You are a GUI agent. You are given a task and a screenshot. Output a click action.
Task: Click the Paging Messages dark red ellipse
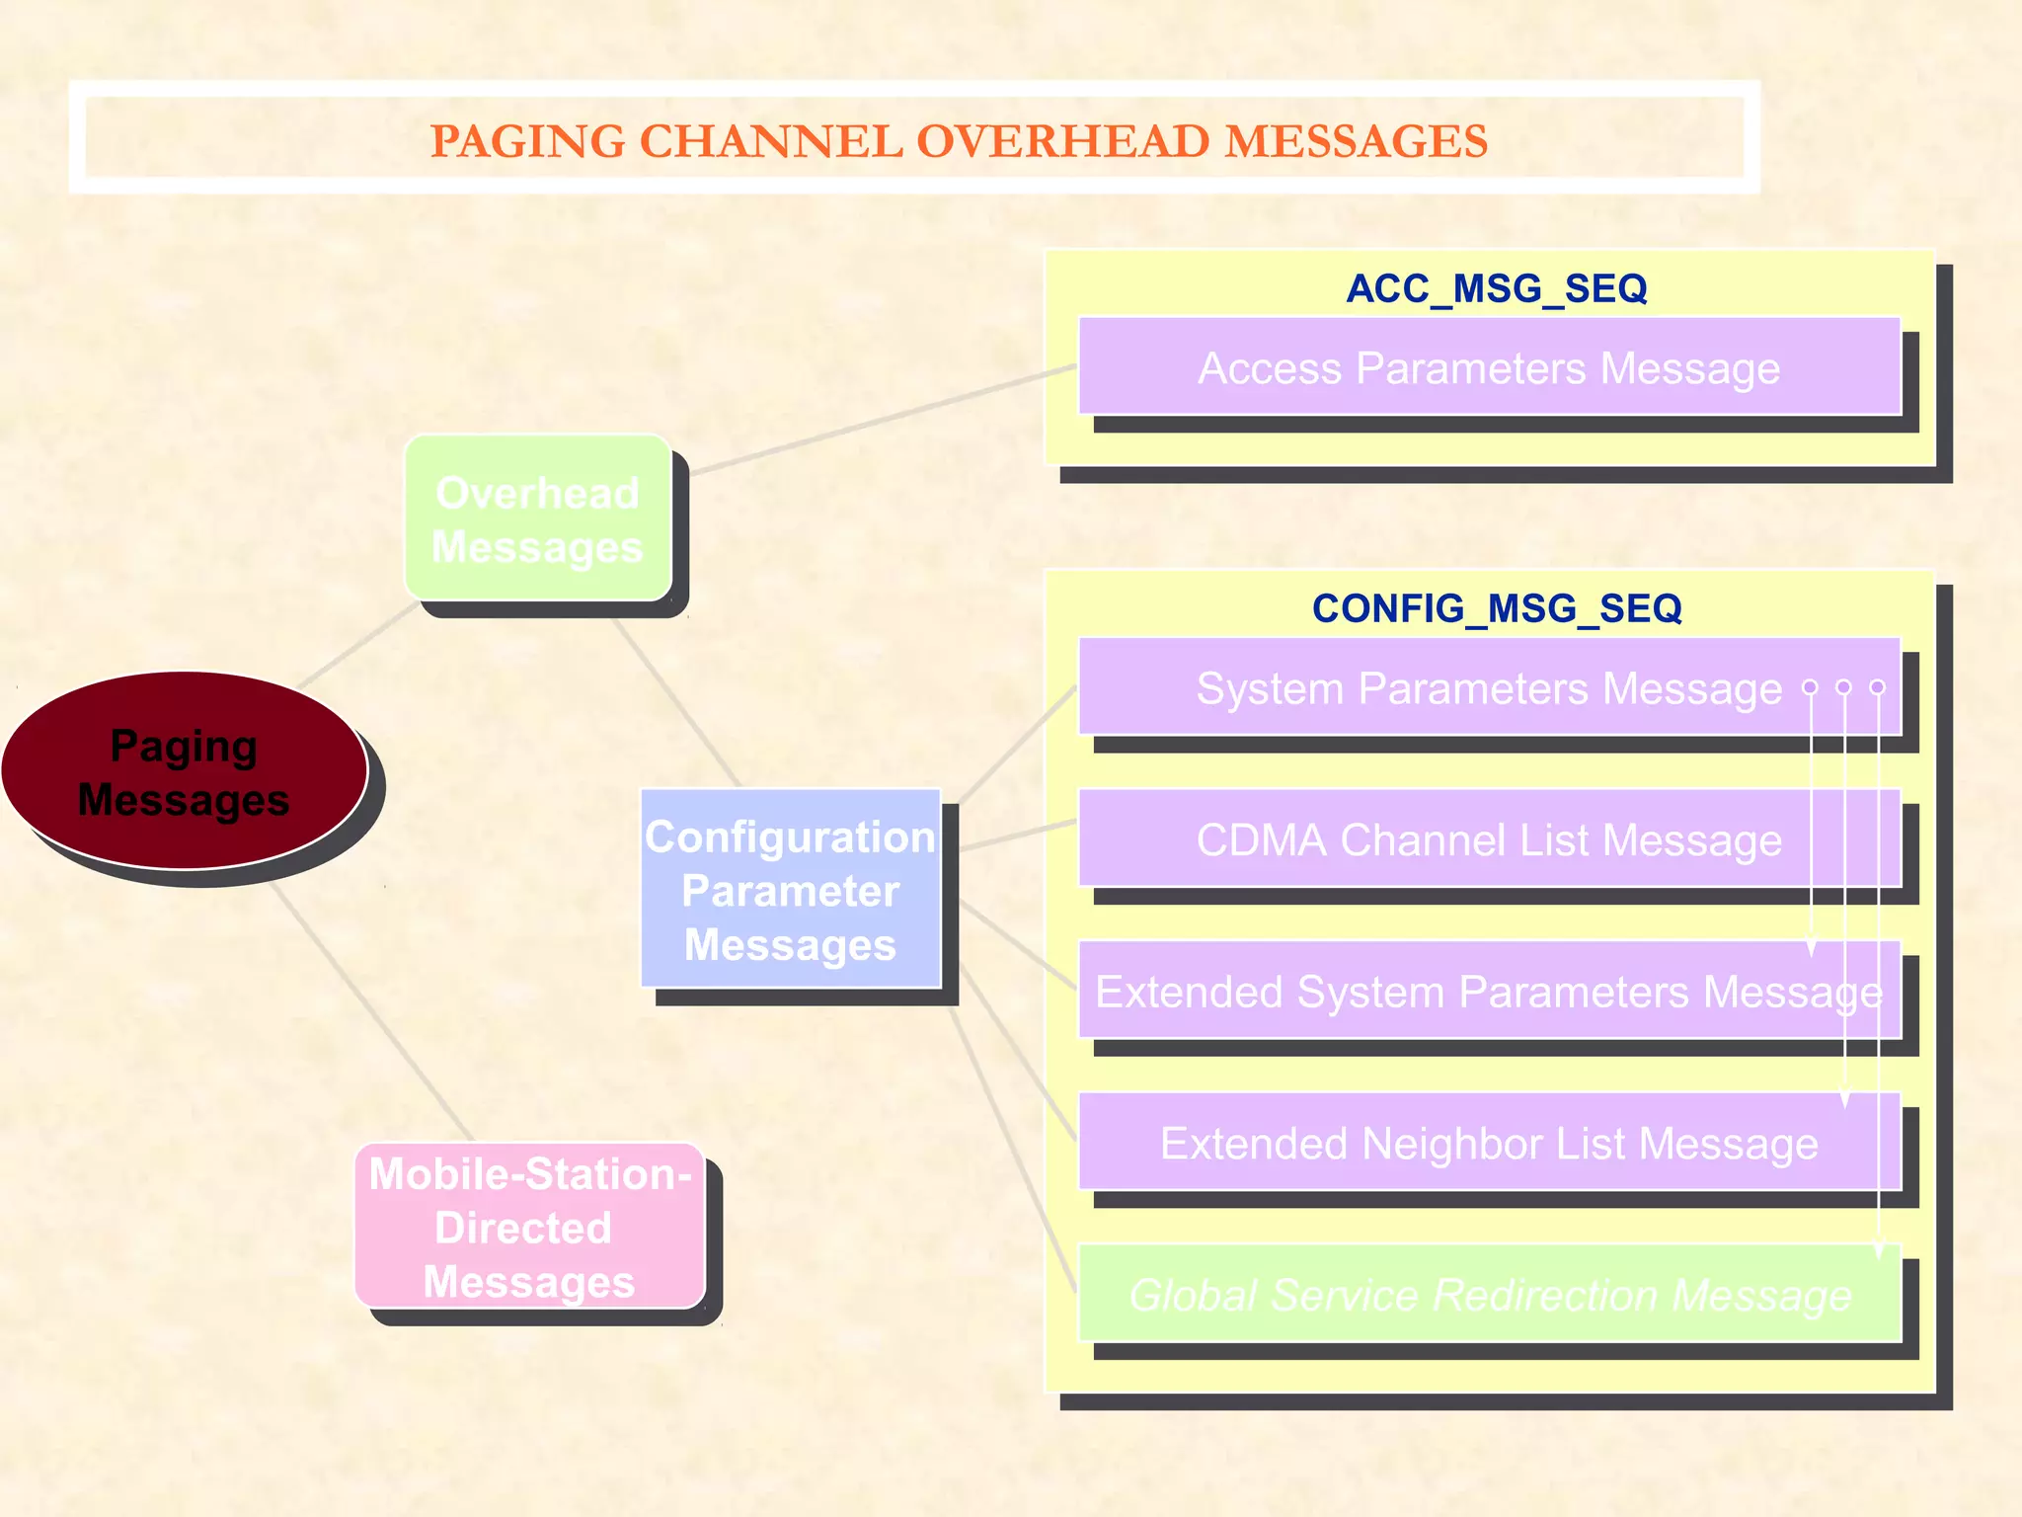(x=184, y=771)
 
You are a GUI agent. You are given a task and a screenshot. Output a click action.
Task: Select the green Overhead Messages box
(x=538, y=519)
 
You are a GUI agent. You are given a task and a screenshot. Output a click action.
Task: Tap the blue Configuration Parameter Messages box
(x=790, y=889)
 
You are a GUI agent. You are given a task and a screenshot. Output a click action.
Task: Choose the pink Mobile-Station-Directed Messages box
(x=529, y=1227)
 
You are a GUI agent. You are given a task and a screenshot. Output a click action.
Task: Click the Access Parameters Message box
(x=1489, y=366)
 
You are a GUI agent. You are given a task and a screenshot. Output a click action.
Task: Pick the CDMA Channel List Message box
(x=1489, y=839)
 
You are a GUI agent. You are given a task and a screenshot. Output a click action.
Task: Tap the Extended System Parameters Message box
(x=1489, y=991)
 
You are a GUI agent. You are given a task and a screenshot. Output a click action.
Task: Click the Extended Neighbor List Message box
(x=1489, y=1143)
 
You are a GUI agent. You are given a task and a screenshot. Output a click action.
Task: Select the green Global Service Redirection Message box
(x=1489, y=1294)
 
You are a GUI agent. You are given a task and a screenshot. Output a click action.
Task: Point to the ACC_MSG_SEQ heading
(x=1497, y=288)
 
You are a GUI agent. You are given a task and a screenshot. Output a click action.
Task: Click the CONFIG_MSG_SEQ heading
(x=1497, y=608)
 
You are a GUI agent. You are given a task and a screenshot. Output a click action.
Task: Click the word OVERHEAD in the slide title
(x=1062, y=141)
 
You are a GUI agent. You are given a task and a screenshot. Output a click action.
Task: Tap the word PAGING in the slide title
(x=528, y=141)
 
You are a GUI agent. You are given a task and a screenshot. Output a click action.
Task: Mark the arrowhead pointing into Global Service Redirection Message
(x=1879, y=1250)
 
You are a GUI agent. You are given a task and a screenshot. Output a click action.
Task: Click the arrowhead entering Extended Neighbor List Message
(x=1844, y=1099)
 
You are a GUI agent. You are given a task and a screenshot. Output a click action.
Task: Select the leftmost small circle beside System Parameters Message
(x=1810, y=686)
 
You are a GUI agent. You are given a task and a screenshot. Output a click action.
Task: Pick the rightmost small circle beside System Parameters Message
(x=1878, y=686)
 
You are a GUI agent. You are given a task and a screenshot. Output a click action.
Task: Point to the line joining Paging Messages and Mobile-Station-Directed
(x=370, y=1012)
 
